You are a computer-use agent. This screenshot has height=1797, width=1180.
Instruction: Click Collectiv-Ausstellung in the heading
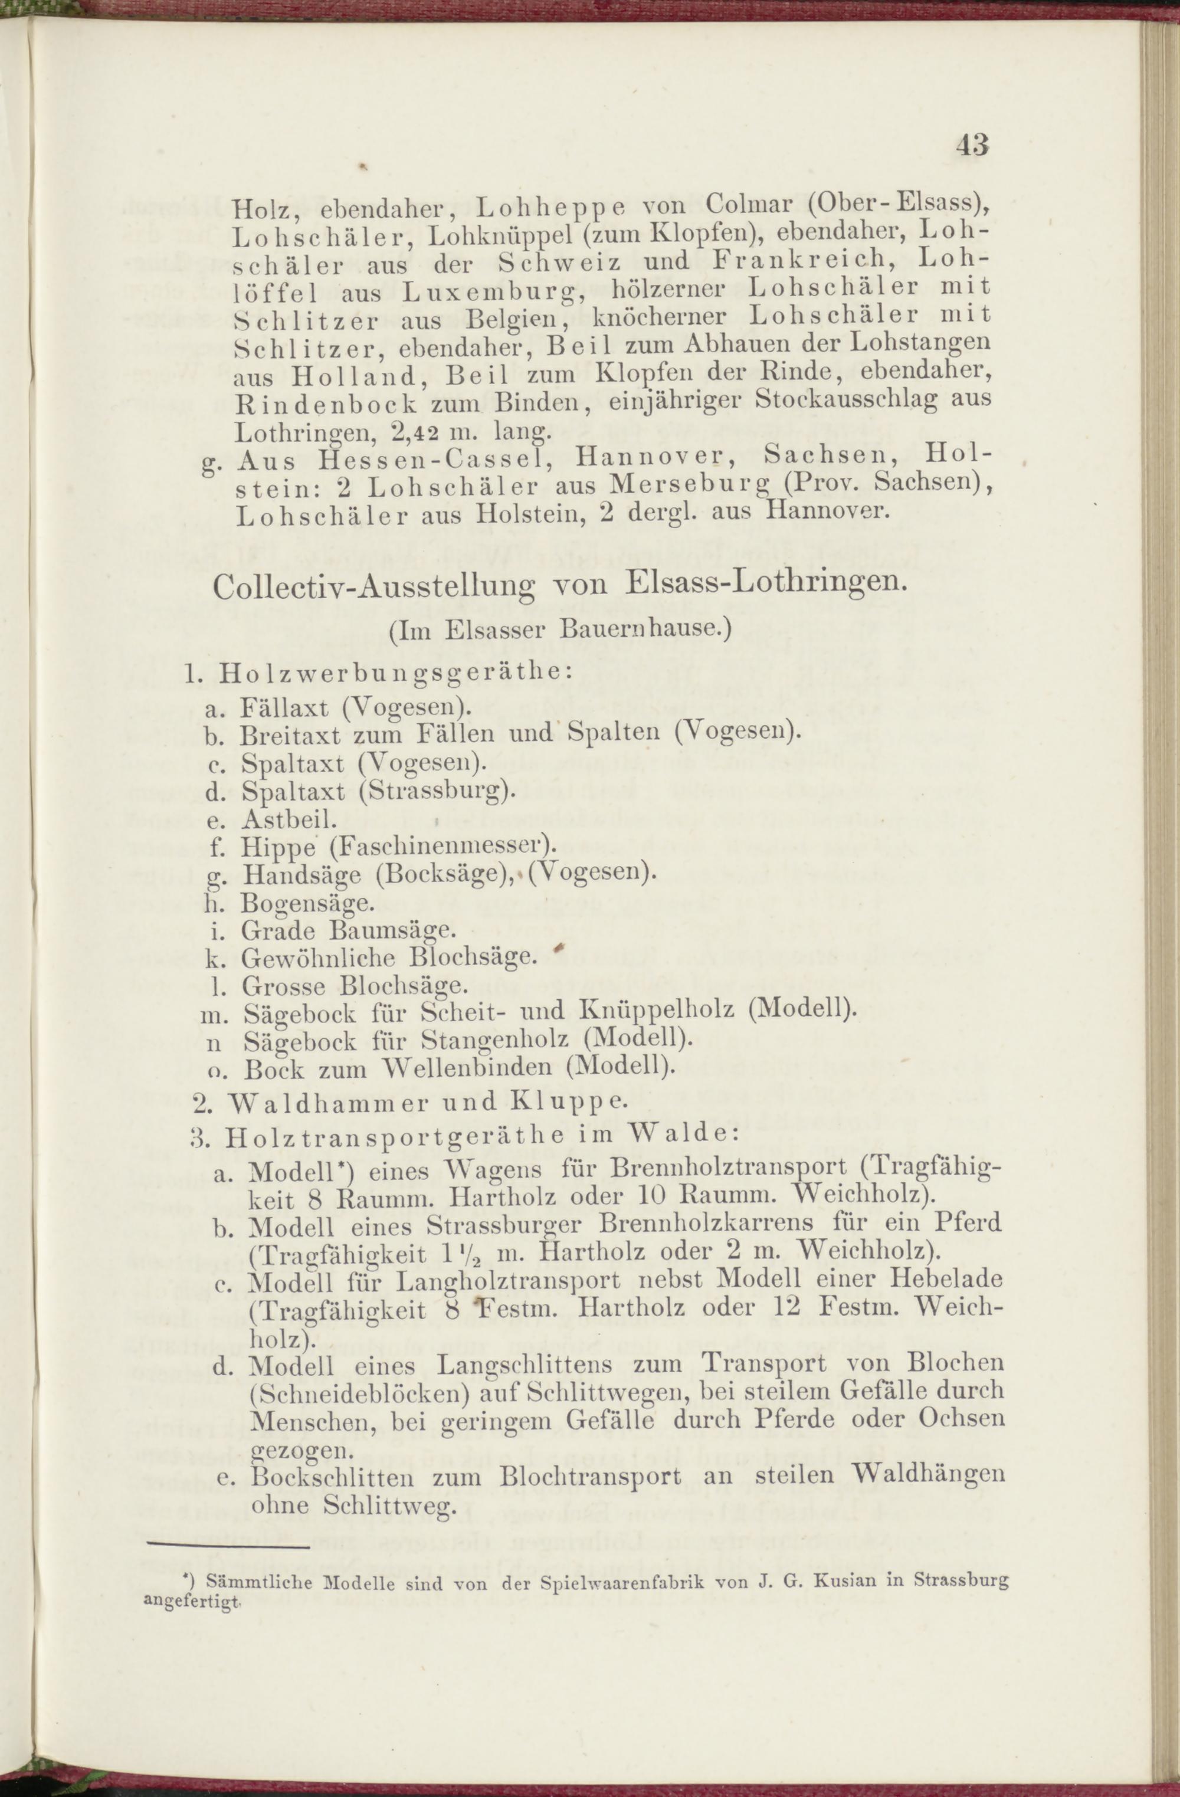[377, 588]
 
